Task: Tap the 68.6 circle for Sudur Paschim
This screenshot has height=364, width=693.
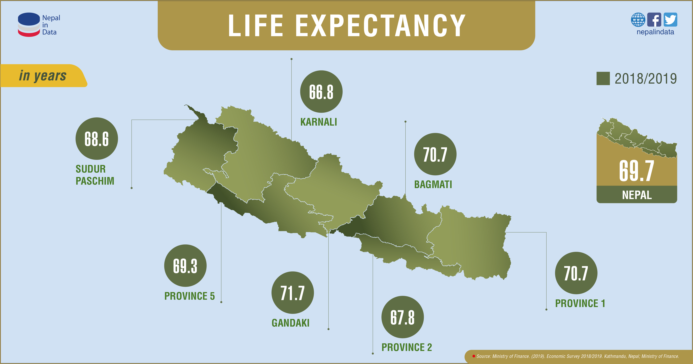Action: point(97,139)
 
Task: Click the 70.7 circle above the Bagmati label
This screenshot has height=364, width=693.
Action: point(435,154)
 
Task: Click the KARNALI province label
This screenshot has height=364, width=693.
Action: point(319,122)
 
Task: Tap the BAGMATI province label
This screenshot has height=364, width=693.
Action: point(433,184)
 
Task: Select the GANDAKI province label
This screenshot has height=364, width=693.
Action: point(291,323)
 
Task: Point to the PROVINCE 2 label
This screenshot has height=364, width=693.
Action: point(407,347)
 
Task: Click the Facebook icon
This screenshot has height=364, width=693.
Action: point(654,20)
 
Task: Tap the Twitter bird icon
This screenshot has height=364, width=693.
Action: point(670,20)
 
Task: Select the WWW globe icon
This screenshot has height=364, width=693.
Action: point(638,20)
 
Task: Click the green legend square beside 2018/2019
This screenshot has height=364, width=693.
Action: point(603,79)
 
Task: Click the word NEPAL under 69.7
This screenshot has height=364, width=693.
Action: point(637,195)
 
